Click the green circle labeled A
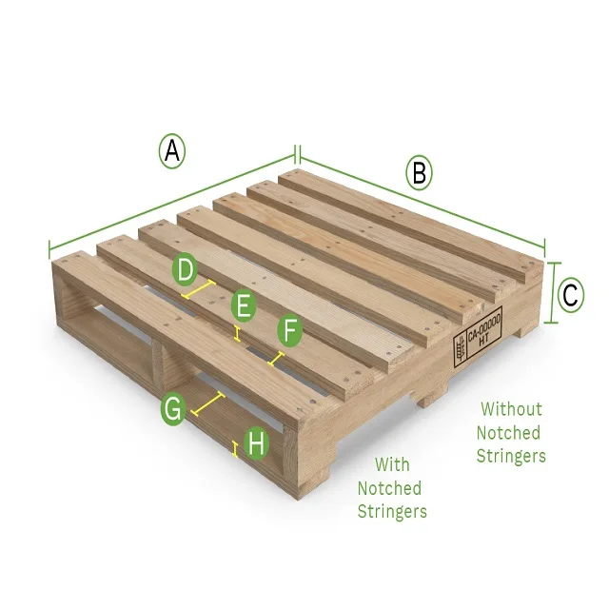point(171,151)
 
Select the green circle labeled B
point(419,173)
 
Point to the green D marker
point(187,270)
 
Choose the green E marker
point(245,306)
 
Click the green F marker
point(290,332)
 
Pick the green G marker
point(173,410)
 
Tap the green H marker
point(256,443)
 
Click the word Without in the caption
point(511,409)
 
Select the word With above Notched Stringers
point(392,464)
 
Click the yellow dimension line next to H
point(235,448)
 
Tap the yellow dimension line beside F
point(276,360)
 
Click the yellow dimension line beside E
point(237,332)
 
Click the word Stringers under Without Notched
point(511,456)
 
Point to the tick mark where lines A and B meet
point(298,153)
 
